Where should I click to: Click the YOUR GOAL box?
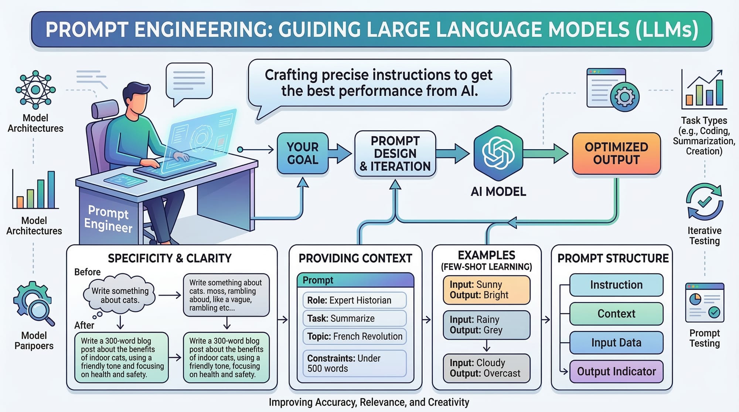click(303, 154)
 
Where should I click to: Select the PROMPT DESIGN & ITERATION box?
click(395, 154)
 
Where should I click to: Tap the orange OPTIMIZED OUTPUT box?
click(616, 154)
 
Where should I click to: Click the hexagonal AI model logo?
click(498, 153)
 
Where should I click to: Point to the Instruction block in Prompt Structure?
click(616, 285)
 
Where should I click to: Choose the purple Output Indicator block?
click(616, 371)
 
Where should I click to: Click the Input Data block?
click(616, 343)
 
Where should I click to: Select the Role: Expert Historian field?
click(354, 300)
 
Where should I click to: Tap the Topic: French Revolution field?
click(354, 336)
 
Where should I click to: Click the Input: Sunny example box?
click(486, 290)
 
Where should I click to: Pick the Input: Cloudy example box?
click(486, 368)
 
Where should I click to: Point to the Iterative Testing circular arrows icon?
click(704, 202)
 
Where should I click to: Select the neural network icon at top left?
click(35, 90)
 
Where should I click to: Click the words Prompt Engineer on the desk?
click(108, 219)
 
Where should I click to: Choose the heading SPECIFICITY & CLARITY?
click(170, 258)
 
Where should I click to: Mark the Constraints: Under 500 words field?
click(354, 363)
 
